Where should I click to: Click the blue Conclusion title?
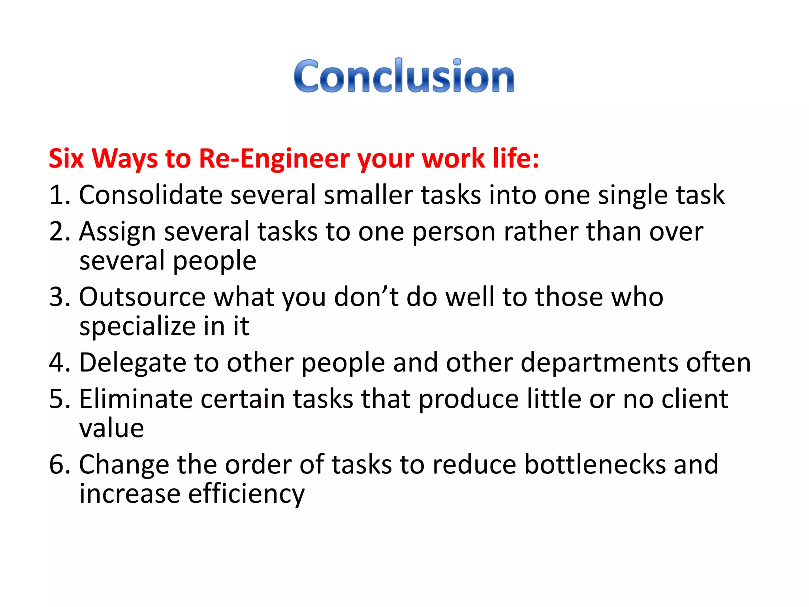[x=404, y=76]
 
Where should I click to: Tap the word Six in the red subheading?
[x=66, y=158]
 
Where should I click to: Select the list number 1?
[x=57, y=195]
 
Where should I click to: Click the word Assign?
[x=117, y=232]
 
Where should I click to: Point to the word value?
[x=111, y=428]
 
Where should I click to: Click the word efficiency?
[x=246, y=494]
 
